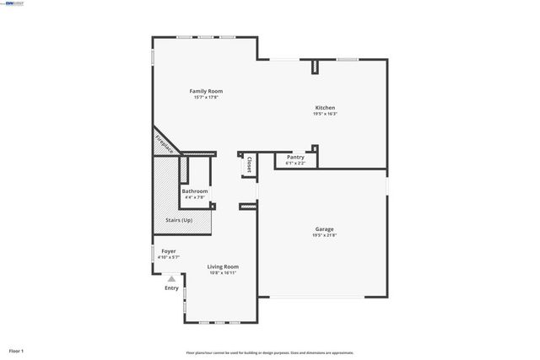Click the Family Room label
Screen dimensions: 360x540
pyautogui.click(x=206, y=91)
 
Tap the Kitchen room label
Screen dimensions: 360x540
pyautogui.click(x=325, y=108)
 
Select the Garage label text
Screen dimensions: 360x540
pyautogui.click(x=324, y=229)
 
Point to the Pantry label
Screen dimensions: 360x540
pyautogui.click(x=295, y=157)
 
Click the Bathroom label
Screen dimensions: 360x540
pyautogui.click(x=194, y=191)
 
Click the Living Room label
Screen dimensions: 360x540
pyautogui.click(x=223, y=266)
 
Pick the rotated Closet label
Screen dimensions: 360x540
pyautogui.click(x=250, y=166)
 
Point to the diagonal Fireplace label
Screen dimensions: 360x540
pyautogui.click(x=165, y=143)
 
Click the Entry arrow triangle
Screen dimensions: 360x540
pyautogui.click(x=171, y=278)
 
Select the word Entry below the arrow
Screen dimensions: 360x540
pyautogui.click(x=171, y=288)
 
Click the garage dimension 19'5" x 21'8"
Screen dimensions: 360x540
pyautogui.click(x=324, y=235)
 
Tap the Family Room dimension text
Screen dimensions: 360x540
pyautogui.click(x=206, y=97)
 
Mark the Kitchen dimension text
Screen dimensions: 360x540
pyautogui.click(x=325, y=114)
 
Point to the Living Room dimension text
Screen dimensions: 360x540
pyautogui.click(x=223, y=272)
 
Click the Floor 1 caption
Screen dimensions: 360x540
pyautogui.click(x=16, y=350)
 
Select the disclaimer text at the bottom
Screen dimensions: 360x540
pyautogui.click(x=270, y=352)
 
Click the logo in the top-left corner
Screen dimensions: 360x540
pyautogui.click(x=13, y=3)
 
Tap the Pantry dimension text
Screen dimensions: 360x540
pyautogui.click(x=295, y=163)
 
